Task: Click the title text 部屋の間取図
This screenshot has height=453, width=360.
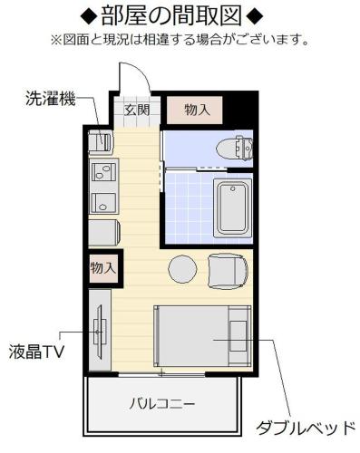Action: pos(180,15)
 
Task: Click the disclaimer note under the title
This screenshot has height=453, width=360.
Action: pos(180,40)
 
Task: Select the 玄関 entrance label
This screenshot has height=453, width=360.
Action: pos(138,111)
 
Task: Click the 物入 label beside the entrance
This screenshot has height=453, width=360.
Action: pos(197,110)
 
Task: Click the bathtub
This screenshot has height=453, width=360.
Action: pos(232,207)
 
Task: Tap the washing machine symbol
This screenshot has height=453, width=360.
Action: pos(99,141)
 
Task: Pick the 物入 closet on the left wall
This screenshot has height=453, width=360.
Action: pos(103,268)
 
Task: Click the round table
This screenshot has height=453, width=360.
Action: pos(182,269)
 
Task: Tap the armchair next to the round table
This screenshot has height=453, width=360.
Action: pos(227,269)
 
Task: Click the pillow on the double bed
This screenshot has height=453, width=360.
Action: pos(238,336)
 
